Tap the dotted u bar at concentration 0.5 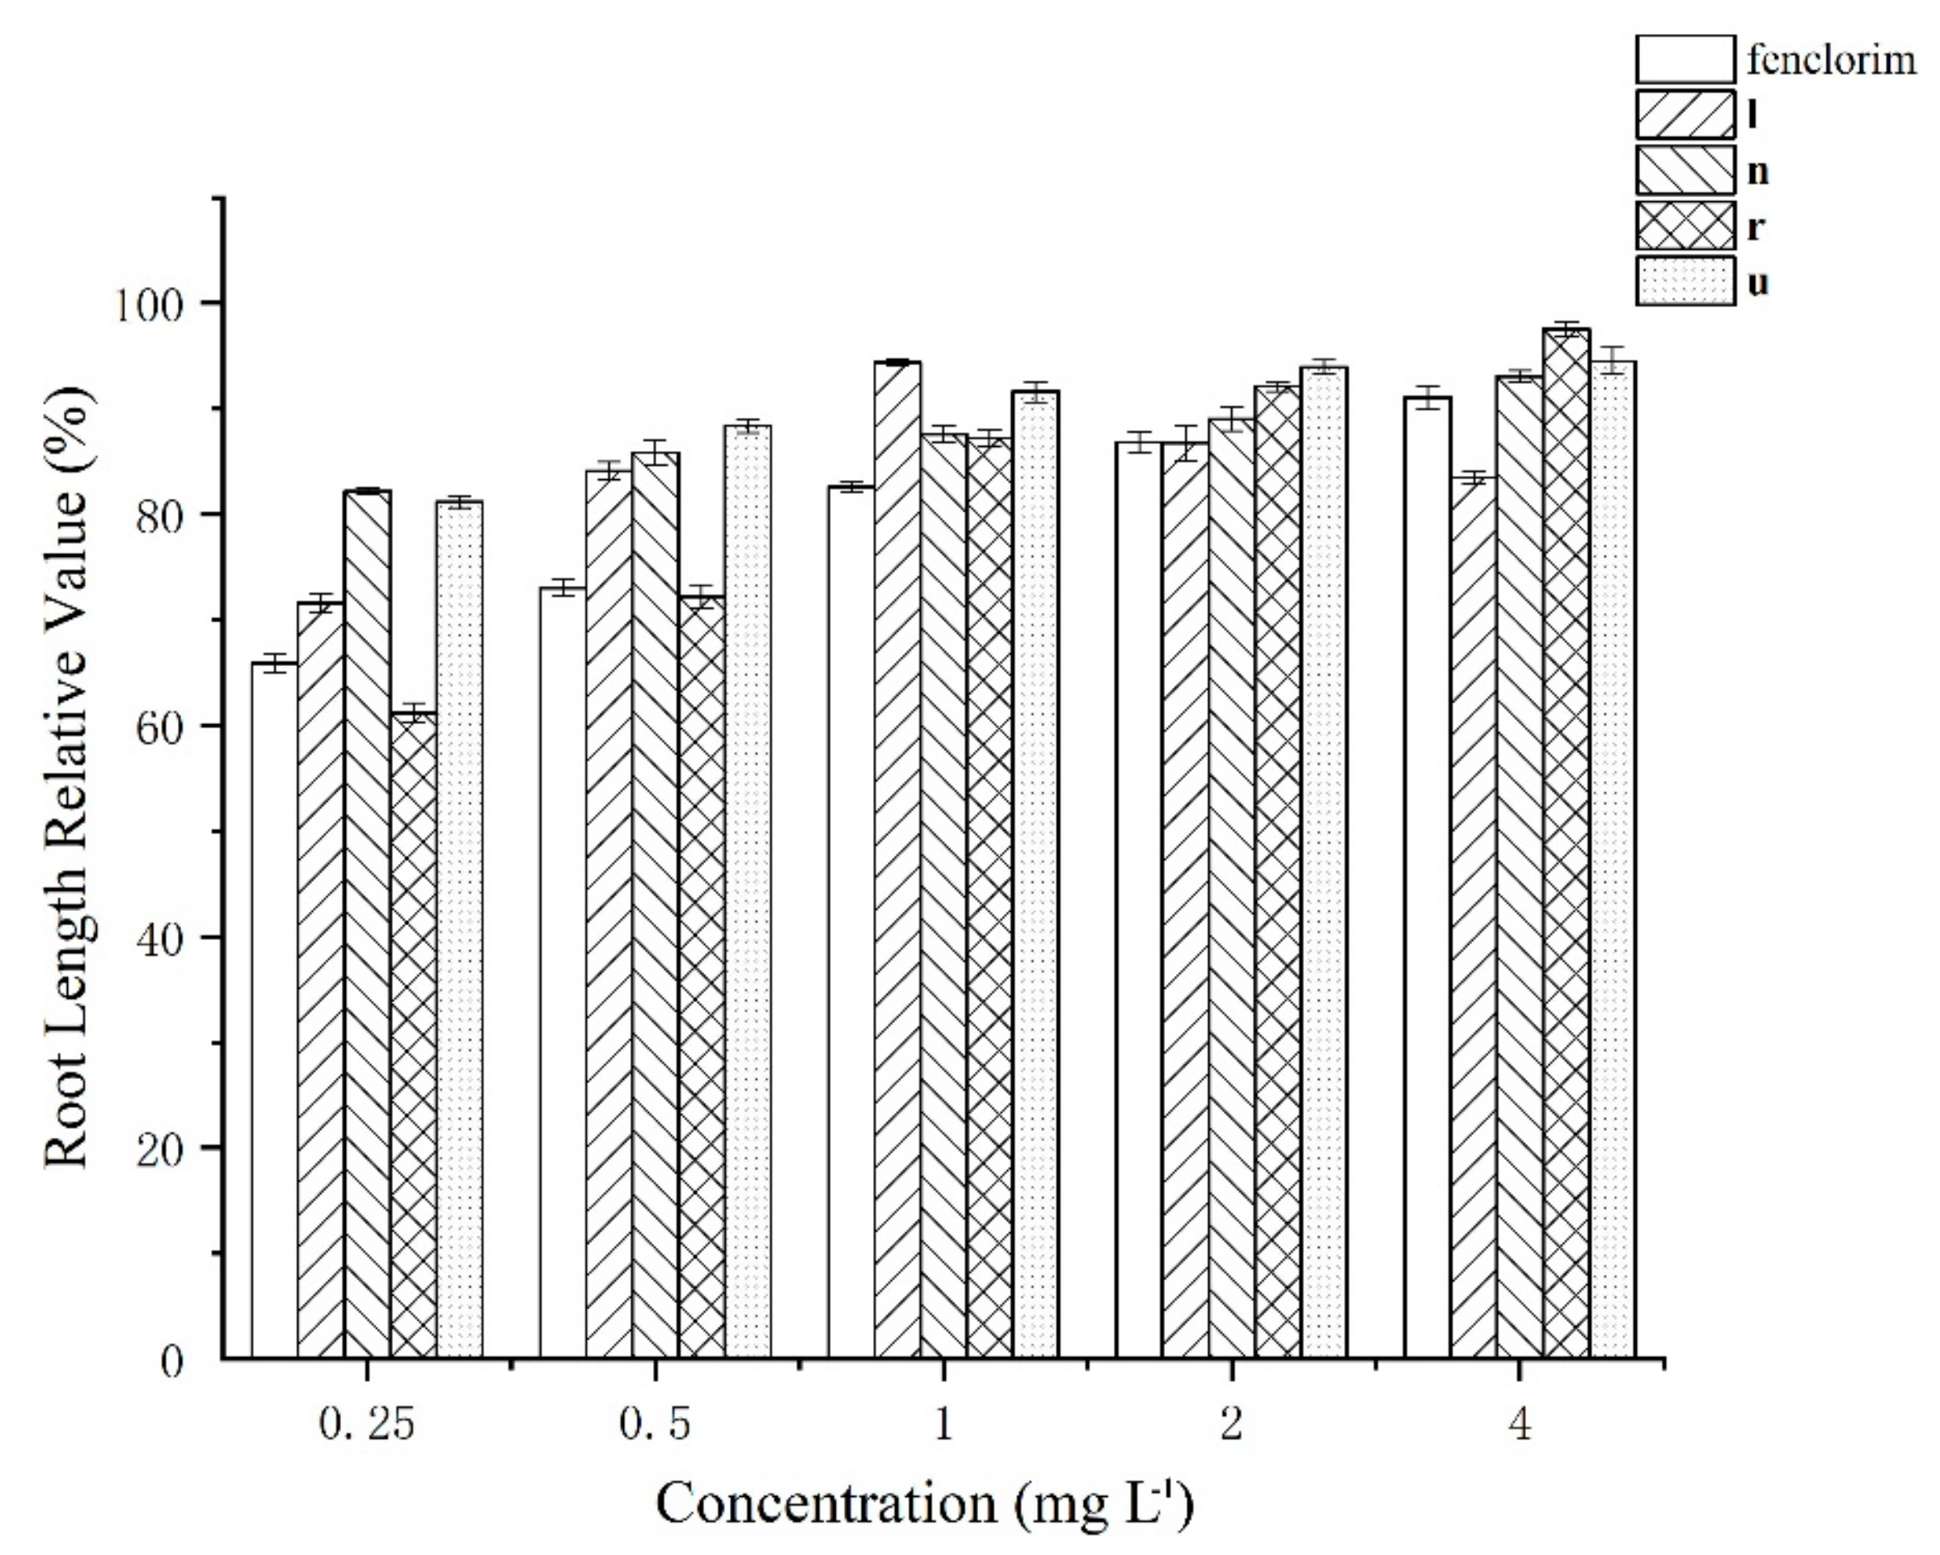coord(748,891)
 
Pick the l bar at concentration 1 coord(897,859)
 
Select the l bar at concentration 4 coord(1474,918)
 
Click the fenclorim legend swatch coord(1685,59)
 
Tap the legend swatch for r coord(1685,225)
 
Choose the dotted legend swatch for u coord(1685,282)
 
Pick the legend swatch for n coord(1685,170)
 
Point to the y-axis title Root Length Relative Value coord(67,778)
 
